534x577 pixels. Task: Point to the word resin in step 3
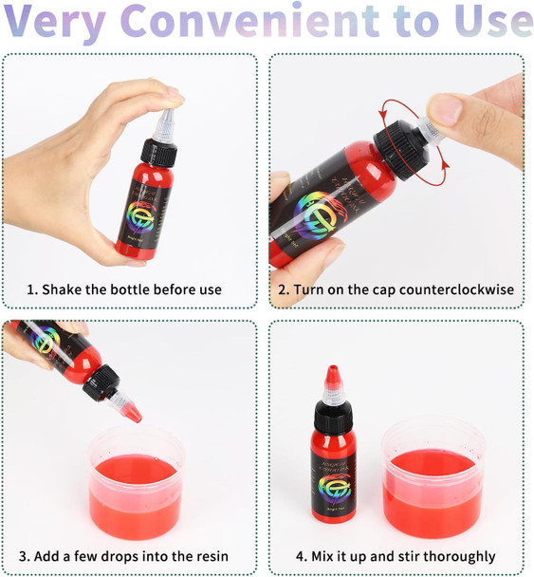[x=206, y=556]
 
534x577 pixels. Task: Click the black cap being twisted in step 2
[x=400, y=150]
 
